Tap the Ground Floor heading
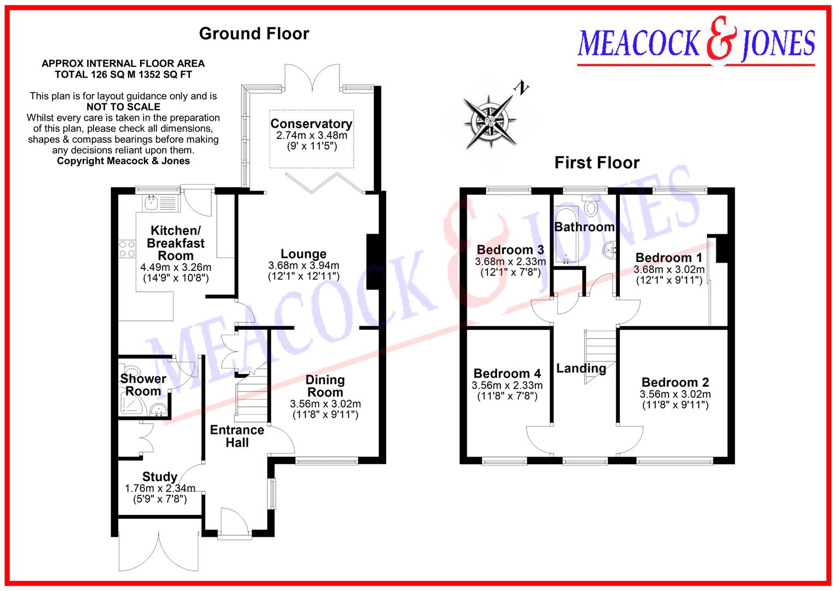click(254, 33)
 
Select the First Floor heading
click(597, 163)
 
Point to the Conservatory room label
click(311, 124)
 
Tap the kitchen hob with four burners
click(127, 249)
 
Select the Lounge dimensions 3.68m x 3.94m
click(303, 266)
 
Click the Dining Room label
click(325, 386)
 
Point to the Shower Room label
click(143, 385)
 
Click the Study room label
click(159, 477)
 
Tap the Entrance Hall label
click(237, 436)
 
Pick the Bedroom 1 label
click(668, 258)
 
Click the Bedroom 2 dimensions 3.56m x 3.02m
click(675, 395)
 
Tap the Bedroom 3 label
click(510, 250)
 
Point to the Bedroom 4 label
click(507, 373)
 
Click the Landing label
click(581, 368)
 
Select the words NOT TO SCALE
click(123, 107)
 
